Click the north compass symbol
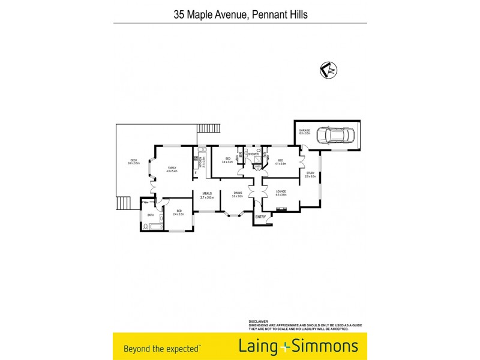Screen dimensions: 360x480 click(328, 70)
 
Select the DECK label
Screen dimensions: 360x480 click(134, 160)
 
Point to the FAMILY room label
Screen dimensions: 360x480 click(172, 168)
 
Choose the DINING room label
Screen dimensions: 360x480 click(238, 193)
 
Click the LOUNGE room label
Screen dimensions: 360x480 click(281, 192)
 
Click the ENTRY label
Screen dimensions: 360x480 click(260, 217)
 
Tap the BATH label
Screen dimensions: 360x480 click(150, 214)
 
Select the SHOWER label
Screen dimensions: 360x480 click(253, 154)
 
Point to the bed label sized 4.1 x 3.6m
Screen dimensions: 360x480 click(281, 161)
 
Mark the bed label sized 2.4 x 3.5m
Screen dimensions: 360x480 click(179, 211)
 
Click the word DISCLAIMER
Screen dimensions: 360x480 click(259, 321)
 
